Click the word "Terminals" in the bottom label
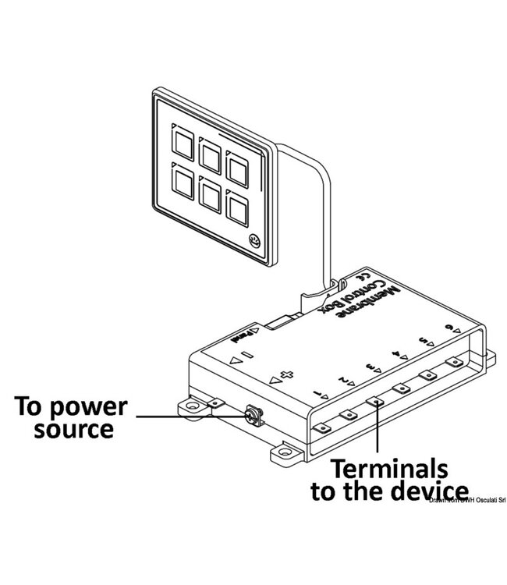(389, 470)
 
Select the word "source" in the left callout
(73, 429)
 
